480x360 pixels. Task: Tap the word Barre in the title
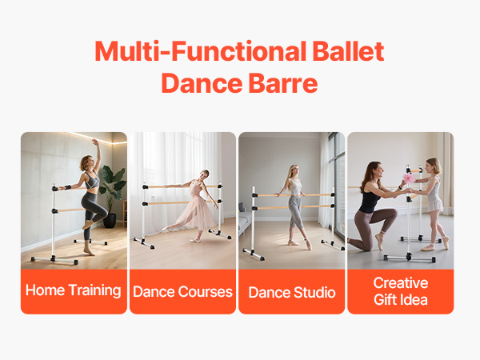pos(283,83)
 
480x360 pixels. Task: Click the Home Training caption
pos(74,290)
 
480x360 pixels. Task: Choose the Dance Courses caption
pos(182,292)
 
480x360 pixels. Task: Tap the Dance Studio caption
pos(292,292)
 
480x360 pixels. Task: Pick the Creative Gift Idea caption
pos(401,291)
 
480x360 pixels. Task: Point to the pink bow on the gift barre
pos(409,178)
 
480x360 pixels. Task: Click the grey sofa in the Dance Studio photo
pos(246,219)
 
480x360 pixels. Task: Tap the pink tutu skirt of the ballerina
pos(196,211)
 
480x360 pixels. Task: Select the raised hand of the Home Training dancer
pos(95,142)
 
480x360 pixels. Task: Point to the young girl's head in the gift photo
pos(434,166)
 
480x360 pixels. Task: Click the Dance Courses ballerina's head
pos(205,174)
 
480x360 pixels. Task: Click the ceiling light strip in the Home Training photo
pos(97,138)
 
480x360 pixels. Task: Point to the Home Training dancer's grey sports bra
pos(92,181)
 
